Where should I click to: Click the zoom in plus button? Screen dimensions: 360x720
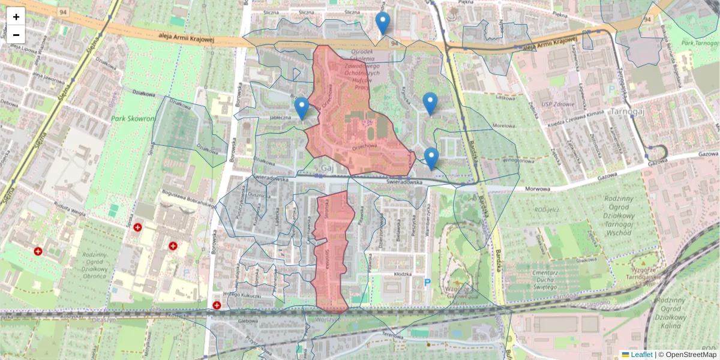(16, 16)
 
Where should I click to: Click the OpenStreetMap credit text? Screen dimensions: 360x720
(691, 355)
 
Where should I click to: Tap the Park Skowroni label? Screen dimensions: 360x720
(131, 119)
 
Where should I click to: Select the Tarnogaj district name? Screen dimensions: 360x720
(627, 112)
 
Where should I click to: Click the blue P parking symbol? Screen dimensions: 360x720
(428, 282)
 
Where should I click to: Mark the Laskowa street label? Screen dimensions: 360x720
(506, 97)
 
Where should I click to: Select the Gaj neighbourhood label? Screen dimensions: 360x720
(327, 168)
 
